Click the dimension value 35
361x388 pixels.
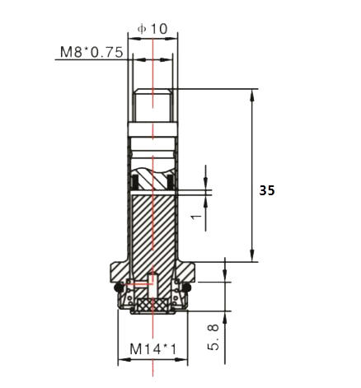(x=266, y=189)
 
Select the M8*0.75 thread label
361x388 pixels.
(x=91, y=52)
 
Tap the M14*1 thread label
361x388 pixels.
(x=152, y=348)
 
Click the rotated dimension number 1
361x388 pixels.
(x=194, y=216)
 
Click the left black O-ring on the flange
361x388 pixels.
(x=119, y=287)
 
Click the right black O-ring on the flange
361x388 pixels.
(x=187, y=287)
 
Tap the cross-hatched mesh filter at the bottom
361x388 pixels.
(x=152, y=305)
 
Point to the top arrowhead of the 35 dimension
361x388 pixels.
(x=252, y=93)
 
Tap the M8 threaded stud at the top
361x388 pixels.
(x=152, y=105)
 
